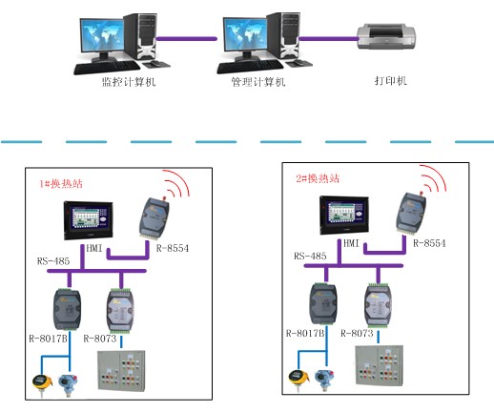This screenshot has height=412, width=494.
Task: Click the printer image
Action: coord(386,36)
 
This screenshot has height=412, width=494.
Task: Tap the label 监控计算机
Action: coord(129,82)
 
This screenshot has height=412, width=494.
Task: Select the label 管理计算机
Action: coord(258,82)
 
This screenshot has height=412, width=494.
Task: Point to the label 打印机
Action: coord(391,80)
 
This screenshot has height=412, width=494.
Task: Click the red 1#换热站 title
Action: coord(61,183)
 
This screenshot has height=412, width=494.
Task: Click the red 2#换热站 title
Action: coord(318,178)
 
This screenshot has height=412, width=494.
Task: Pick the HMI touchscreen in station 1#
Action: coord(89,220)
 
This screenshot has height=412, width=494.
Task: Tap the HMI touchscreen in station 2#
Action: coord(344,216)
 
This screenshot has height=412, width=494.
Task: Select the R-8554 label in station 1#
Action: coord(173,248)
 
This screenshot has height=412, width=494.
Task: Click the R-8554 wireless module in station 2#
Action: coord(411,214)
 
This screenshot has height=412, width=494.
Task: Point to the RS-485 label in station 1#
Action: coord(53,261)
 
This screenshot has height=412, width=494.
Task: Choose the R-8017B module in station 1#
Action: coord(67,309)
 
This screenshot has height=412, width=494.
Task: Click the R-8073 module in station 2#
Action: coord(378,305)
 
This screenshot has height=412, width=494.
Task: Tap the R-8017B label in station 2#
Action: coord(305,333)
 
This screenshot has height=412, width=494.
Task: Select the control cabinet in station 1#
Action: coord(121,370)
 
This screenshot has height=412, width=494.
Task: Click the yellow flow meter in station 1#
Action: coord(42,384)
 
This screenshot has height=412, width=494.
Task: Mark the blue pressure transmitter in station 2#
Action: coord(325,380)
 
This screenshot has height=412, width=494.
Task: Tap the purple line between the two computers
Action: coord(187,39)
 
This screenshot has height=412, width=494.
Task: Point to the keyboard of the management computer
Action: coord(250,66)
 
